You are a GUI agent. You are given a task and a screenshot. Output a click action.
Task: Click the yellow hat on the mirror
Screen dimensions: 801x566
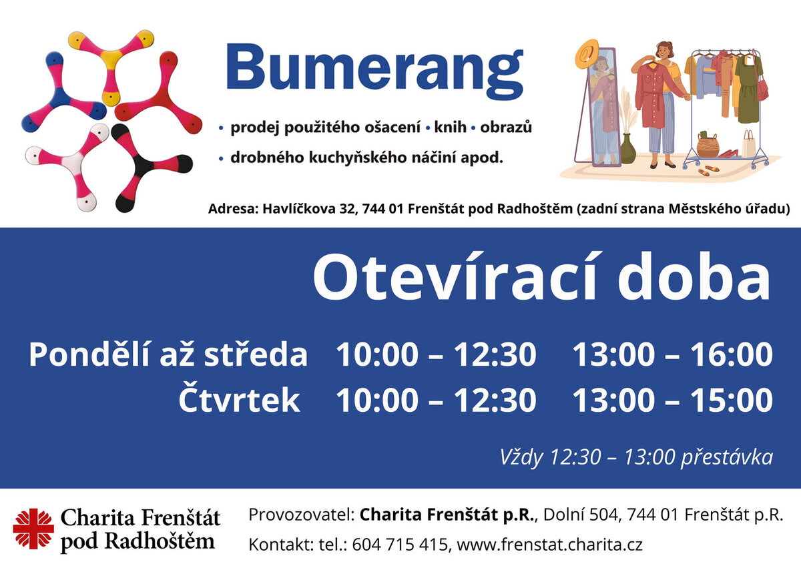pyautogui.click(x=587, y=53)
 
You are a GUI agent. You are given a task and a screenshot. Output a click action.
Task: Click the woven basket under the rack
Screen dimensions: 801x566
pyautogui.click(x=708, y=145)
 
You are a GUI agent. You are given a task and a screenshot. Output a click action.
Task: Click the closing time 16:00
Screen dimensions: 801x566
pyautogui.click(x=732, y=354)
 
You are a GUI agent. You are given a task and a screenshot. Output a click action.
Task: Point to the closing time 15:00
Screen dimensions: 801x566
pyautogui.click(x=732, y=400)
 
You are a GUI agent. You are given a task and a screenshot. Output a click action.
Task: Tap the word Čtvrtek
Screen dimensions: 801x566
pyautogui.click(x=239, y=397)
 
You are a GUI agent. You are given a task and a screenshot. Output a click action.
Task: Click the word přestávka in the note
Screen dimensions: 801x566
pyautogui.click(x=727, y=457)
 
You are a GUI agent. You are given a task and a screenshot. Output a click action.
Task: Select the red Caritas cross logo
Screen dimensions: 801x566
pyautogui.click(x=33, y=529)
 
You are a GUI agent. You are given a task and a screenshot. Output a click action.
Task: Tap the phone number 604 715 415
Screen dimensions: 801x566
pyautogui.click(x=400, y=545)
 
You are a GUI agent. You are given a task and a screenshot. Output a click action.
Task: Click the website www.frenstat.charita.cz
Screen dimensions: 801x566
pyautogui.click(x=549, y=545)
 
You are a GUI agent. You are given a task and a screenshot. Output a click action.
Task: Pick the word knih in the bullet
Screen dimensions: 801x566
pyautogui.click(x=450, y=127)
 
